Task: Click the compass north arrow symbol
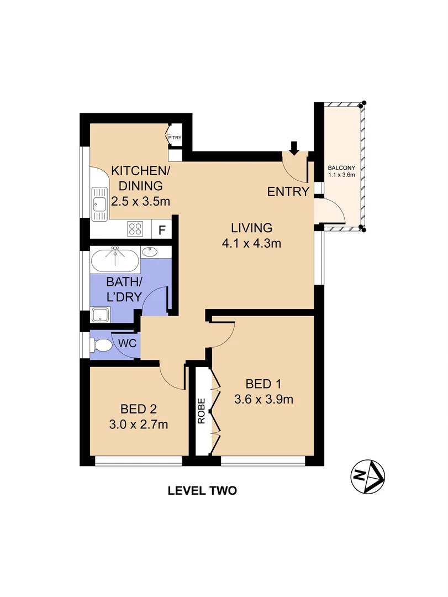(368, 476)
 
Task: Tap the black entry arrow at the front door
(294, 147)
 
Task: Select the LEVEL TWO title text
(202, 490)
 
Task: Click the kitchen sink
(99, 205)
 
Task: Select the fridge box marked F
(162, 229)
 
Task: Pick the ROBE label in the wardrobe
(202, 411)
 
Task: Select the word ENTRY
(288, 192)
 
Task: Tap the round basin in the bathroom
(149, 252)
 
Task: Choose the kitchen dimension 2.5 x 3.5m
(140, 201)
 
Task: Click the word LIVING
(252, 227)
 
